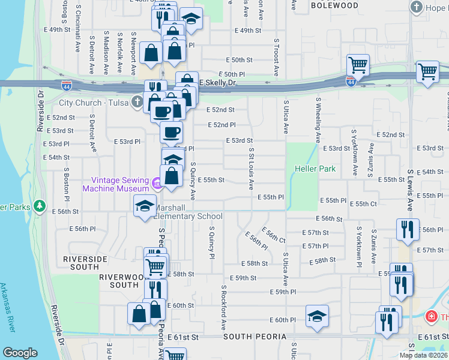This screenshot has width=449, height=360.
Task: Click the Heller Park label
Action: click(315, 169)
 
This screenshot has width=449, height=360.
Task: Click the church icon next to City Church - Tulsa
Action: click(137, 103)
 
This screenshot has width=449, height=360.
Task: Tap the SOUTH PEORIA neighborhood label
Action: click(255, 337)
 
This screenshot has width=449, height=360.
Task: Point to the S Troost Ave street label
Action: click(276, 58)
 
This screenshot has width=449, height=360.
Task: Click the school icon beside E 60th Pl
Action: click(317, 316)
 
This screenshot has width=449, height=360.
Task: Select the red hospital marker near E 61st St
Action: click(430, 316)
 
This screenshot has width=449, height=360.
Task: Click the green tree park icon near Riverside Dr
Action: click(40, 206)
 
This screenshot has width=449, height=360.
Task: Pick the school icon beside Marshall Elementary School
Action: click(144, 207)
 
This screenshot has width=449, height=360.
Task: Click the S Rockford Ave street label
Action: click(223, 307)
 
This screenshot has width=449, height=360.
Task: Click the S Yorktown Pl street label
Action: click(360, 246)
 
